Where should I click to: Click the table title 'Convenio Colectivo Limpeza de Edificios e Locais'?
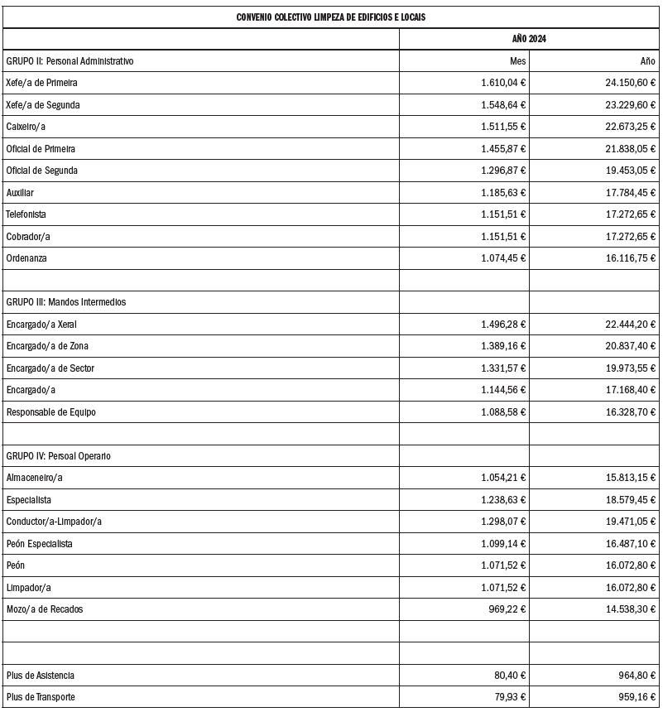click(331, 17)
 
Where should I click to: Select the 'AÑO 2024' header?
click(529, 40)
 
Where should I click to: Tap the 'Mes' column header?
click(517, 61)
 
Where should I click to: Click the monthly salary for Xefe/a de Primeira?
click(503, 83)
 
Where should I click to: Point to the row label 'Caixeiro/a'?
click(26, 127)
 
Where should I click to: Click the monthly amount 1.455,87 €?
click(503, 149)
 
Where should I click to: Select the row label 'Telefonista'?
click(26, 214)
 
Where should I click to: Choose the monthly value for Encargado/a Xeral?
click(503, 325)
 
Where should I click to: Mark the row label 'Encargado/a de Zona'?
click(47, 346)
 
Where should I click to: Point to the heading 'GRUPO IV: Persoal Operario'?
click(59, 456)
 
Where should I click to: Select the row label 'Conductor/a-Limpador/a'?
click(54, 522)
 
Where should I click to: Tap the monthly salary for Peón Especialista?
click(503, 544)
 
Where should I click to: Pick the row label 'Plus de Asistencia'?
click(41, 676)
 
